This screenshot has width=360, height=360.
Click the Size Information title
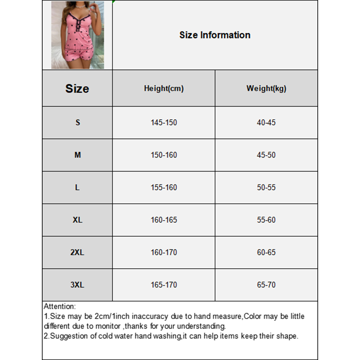(215, 35)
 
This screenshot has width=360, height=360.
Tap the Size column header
(77, 88)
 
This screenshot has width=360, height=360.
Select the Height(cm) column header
(164, 89)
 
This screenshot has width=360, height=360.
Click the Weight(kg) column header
(266, 89)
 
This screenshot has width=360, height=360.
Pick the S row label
(77, 122)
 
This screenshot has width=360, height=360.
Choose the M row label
(77, 155)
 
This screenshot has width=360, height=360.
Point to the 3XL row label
(77, 285)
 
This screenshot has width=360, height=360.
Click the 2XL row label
(77, 252)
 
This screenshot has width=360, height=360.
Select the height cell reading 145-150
(164, 122)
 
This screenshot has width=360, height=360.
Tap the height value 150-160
(164, 155)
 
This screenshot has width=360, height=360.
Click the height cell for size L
(164, 187)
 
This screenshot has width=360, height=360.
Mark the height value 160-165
(164, 220)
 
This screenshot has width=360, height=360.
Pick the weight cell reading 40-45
(266, 122)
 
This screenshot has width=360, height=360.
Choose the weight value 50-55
(266, 187)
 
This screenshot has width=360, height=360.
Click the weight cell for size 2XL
(266, 252)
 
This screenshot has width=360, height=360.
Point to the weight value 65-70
(266, 285)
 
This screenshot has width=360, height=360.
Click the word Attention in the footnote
(59, 306)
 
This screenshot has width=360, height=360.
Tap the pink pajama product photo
(77, 35)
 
